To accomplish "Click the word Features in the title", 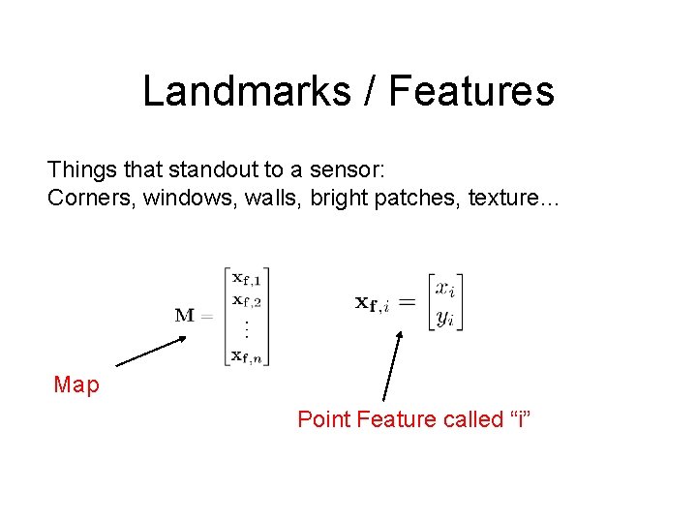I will pyautogui.click(x=471, y=91).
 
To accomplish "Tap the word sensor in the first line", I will pyautogui.click(x=347, y=170).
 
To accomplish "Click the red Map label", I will pyautogui.click(x=76, y=385).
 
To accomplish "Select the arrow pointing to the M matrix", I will pyautogui.click(x=151, y=350).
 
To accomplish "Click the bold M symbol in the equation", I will pyautogui.click(x=185, y=315).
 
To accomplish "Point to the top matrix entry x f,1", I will pyautogui.click(x=247, y=279).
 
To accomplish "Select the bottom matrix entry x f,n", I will pyautogui.click(x=247, y=355).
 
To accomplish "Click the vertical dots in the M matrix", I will pyautogui.click(x=247, y=329).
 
